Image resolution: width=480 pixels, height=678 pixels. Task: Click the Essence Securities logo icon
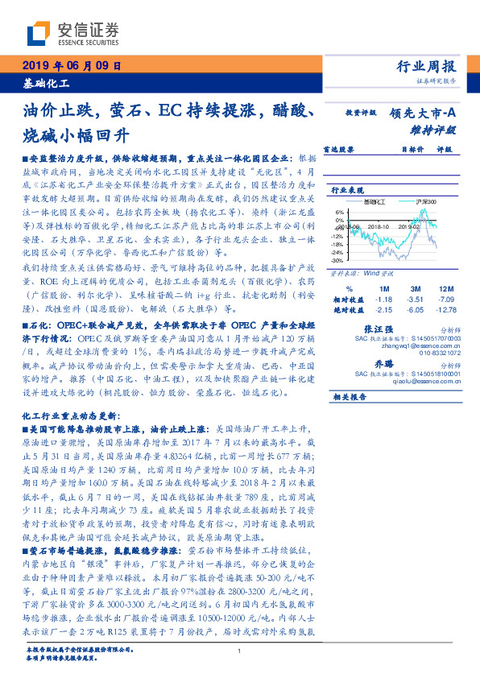click(x=38, y=35)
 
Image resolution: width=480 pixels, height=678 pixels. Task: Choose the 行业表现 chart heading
click(x=347, y=189)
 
